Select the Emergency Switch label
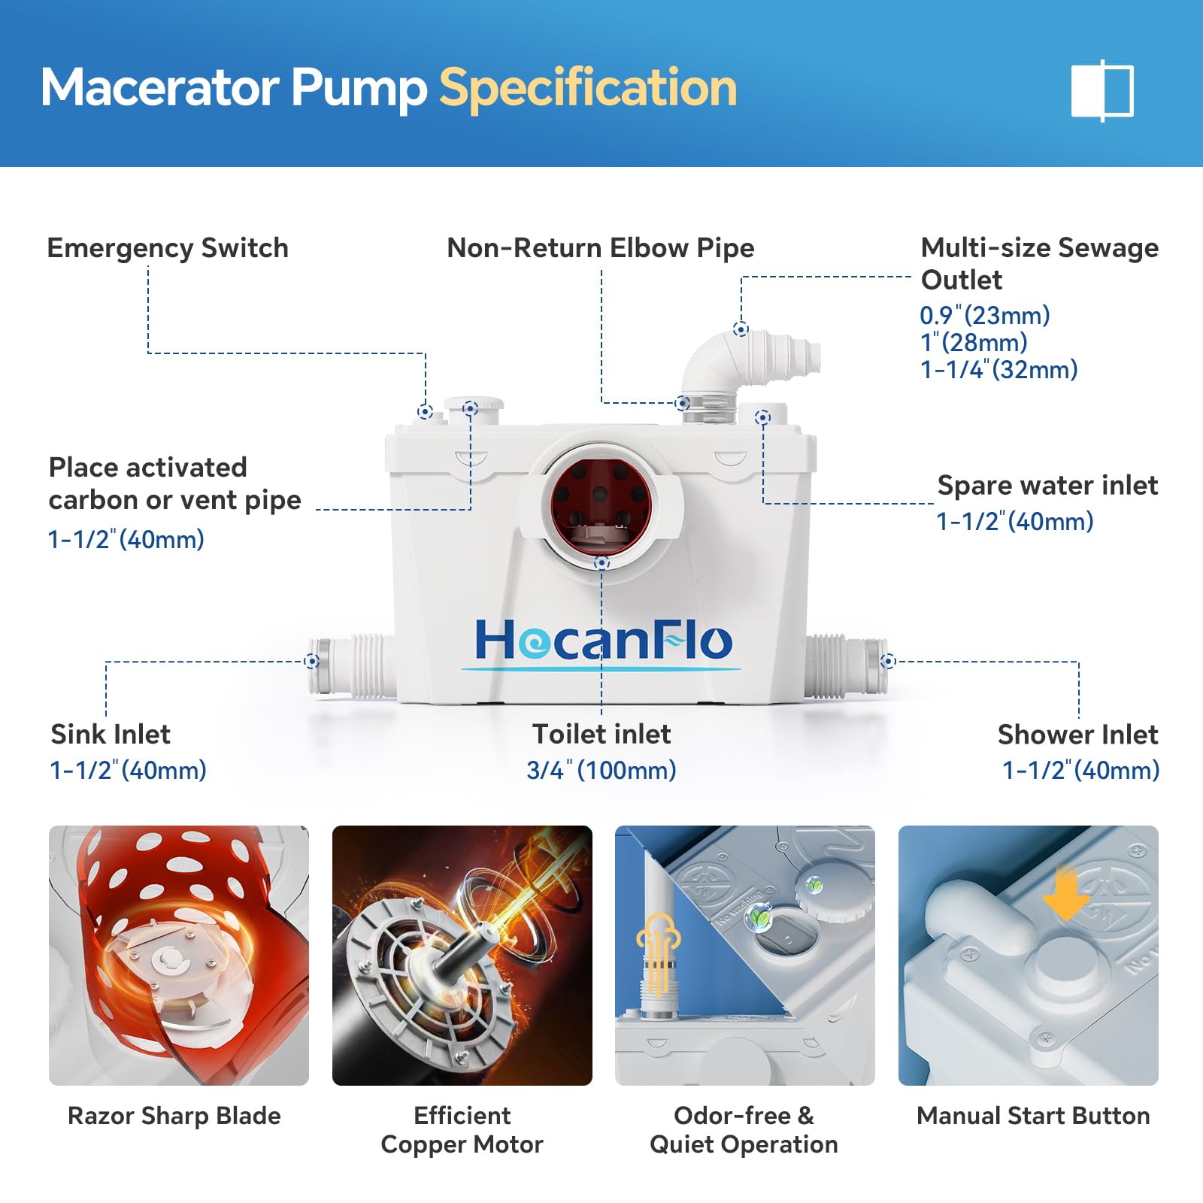(x=168, y=248)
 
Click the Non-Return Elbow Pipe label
(x=600, y=248)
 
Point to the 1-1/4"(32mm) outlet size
(x=999, y=369)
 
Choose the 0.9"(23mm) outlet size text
(x=985, y=315)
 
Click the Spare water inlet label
(x=1047, y=486)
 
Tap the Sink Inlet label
(x=111, y=734)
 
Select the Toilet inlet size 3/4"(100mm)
(x=601, y=770)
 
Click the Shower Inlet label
(x=1077, y=735)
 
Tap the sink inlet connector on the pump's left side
(x=352, y=666)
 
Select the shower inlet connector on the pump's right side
(x=847, y=666)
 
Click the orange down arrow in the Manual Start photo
(x=1065, y=894)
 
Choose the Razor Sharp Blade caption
(x=174, y=1116)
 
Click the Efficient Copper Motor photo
(x=462, y=956)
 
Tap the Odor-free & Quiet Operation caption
(x=744, y=1130)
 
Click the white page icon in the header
(x=1102, y=90)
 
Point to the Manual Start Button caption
(x=1033, y=1116)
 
